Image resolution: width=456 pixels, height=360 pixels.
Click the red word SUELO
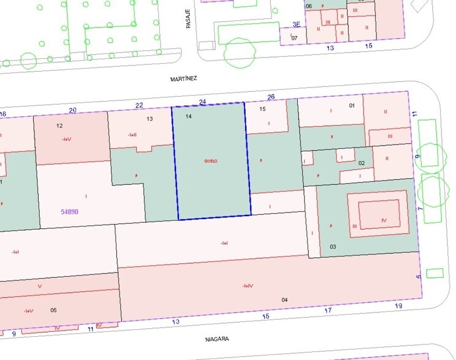click(211, 161)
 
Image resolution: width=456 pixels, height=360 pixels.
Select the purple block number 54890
click(69, 211)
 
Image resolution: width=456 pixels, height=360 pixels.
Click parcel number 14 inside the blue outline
click(188, 116)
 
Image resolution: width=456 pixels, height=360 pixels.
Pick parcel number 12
click(59, 126)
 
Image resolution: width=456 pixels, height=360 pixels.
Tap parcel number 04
click(284, 299)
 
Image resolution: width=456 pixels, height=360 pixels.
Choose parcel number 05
click(53, 310)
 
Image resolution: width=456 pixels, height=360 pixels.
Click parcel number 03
click(333, 246)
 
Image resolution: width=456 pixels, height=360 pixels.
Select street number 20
click(73, 110)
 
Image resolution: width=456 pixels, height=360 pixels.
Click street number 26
click(271, 97)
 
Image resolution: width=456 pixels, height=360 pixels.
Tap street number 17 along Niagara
click(327, 311)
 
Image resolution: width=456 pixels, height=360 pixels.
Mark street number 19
click(398, 306)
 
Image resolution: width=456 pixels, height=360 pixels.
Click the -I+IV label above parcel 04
click(248, 285)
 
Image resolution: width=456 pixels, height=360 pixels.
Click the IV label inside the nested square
click(384, 219)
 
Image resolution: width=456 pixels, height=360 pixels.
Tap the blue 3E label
click(297, 25)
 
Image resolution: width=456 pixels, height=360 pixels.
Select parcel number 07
click(294, 38)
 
